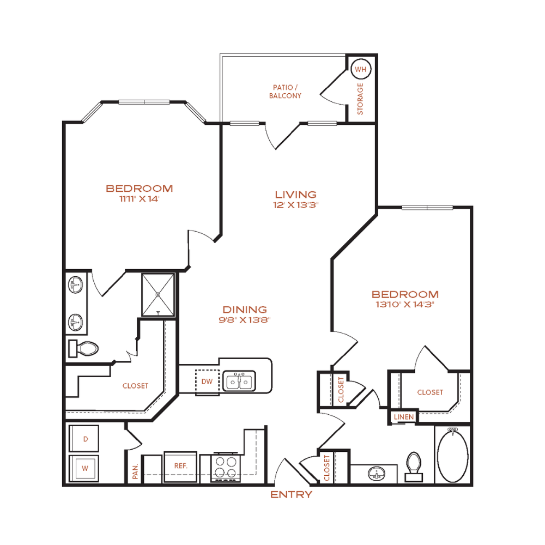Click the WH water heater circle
[x=361, y=69]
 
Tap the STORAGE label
[x=360, y=99]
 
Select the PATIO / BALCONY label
[x=285, y=92]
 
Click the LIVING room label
[x=296, y=195]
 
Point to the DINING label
[x=245, y=310]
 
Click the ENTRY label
[x=291, y=494]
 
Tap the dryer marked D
[x=84, y=438]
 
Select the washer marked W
[x=84, y=468]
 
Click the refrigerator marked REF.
[x=180, y=467]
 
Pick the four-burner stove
[x=225, y=467]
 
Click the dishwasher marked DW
[x=207, y=382]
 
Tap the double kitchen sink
[x=239, y=381]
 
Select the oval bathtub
[x=452, y=456]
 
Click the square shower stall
[x=158, y=295]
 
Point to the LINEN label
[x=403, y=417]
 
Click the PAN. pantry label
[x=135, y=471]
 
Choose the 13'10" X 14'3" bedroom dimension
[x=405, y=305]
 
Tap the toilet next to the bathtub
[x=414, y=467]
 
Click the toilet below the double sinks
[x=83, y=348]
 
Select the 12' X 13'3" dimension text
[x=296, y=205]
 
